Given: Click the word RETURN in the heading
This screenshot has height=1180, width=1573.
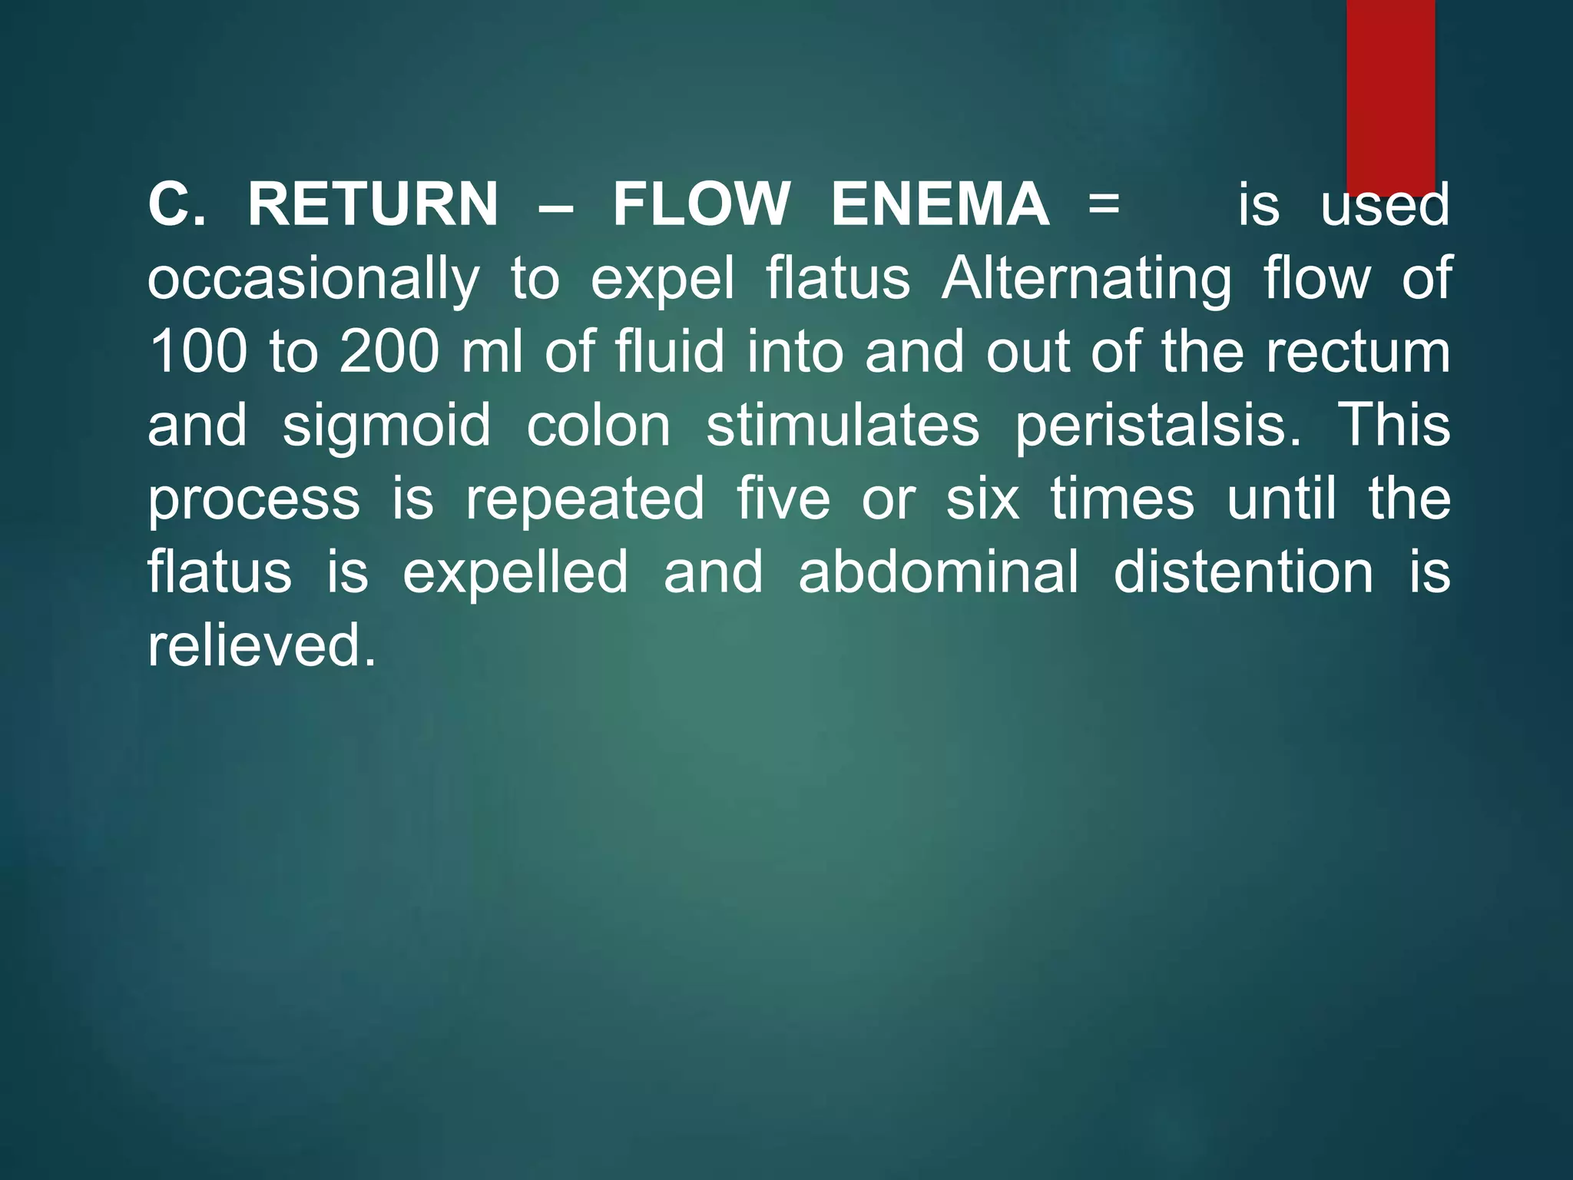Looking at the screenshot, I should [373, 205].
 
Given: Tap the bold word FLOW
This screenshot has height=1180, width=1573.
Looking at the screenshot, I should [700, 205].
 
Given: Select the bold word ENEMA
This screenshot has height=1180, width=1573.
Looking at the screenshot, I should [940, 205].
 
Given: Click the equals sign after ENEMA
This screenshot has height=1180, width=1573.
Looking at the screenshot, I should [1104, 205].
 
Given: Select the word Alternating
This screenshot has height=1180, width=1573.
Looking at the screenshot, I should [1086, 278].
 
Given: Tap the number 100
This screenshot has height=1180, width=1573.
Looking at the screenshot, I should [198, 353].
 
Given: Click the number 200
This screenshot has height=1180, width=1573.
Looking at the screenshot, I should [389, 353].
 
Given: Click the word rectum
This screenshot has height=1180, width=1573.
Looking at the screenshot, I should [1358, 353].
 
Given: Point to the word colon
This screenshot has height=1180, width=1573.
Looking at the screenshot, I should [598, 426].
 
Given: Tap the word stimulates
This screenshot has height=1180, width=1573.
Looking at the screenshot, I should [843, 426].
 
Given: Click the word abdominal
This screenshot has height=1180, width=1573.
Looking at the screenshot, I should [939, 572].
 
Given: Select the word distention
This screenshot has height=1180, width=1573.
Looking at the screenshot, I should [1243, 572].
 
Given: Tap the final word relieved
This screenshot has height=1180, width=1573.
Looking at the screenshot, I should [261, 645].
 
